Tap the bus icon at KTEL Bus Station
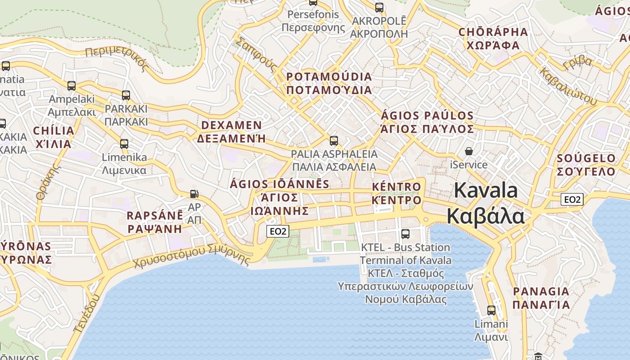(x=405, y=234)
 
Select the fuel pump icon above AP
(x=194, y=194)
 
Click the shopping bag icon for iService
(x=469, y=151)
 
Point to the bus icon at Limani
(x=491, y=310)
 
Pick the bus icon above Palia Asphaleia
(x=333, y=140)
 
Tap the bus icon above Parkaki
(x=126, y=95)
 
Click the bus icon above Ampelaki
(x=72, y=85)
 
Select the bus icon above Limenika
(x=124, y=144)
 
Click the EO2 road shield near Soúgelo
(x=572, y=199)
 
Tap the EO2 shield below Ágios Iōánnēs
(x=277, y=231)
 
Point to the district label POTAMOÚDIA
(x=329, y=77)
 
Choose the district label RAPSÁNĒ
(x=155, y=215)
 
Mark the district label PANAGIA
(x=541, y=292)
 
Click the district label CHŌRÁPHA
(x=493, y=32)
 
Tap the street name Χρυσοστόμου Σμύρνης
(x=192, y=256)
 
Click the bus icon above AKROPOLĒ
(x=379, y=7)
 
